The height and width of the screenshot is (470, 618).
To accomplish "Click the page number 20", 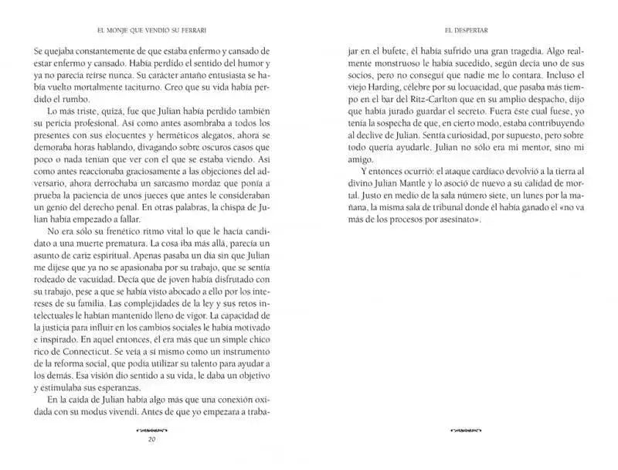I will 151,441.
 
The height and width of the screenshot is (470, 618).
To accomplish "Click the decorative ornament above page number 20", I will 151,428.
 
